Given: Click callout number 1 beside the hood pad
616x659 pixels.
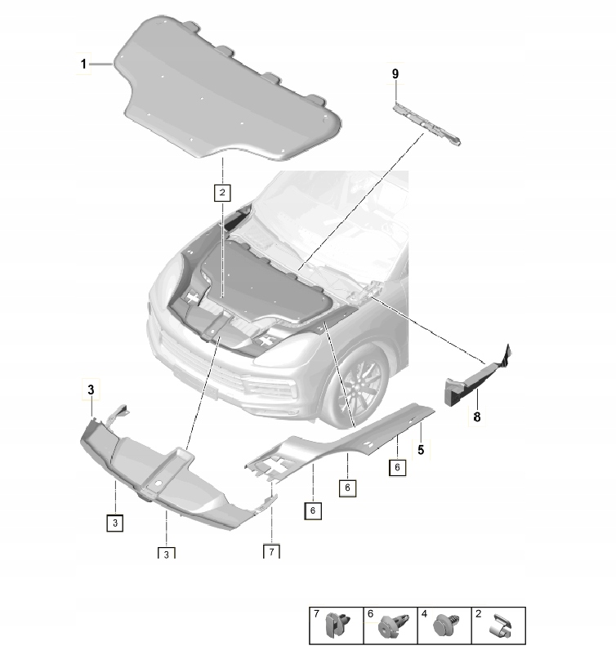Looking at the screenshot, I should coord(83,64).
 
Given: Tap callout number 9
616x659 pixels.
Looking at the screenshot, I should coord(395,74).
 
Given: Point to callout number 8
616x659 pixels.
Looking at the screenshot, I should coord(477,416).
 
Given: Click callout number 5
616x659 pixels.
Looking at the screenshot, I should coord(421,448).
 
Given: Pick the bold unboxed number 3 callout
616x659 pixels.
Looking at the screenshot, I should coord(92,392).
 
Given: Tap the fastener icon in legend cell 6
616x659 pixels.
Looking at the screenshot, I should coord(390,627).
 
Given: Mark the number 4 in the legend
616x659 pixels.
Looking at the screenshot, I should coord(425,613).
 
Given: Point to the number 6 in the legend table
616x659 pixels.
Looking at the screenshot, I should coord(371,613).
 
